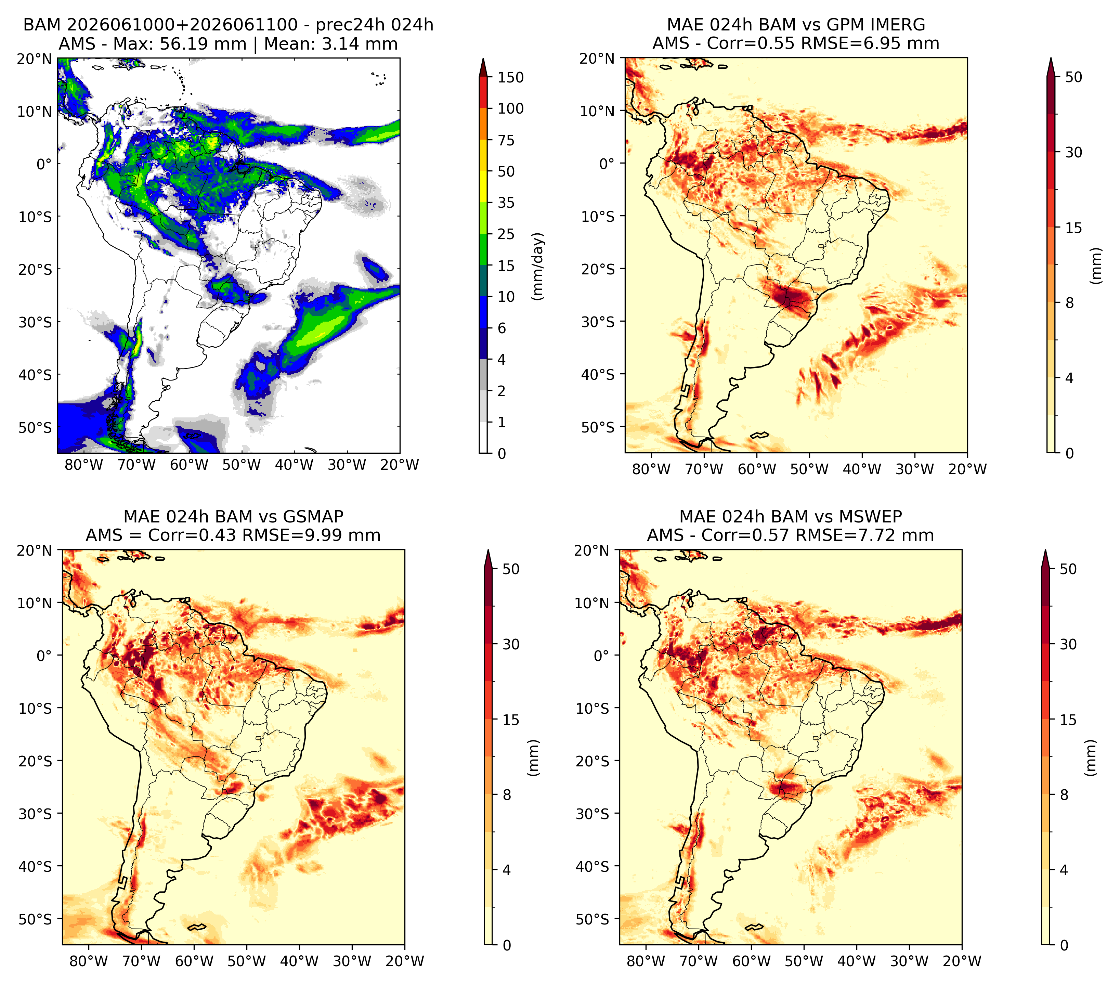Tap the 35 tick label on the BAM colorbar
(x=506, y=203)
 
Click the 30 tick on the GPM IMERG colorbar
(x=1073, y=152)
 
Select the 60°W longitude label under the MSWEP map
(x=751, y=961)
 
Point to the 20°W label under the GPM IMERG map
(x=968, y=469)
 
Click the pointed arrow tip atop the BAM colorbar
(x=483, y=58)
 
